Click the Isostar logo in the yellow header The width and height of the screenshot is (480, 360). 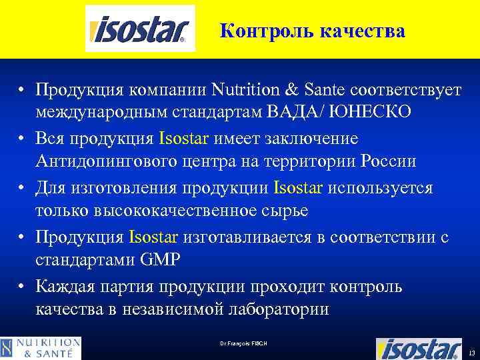(140, 29)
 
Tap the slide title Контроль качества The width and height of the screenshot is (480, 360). (312, 31)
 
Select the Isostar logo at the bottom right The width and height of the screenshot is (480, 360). (419, 348)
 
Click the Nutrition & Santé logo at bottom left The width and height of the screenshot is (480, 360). (41, 348)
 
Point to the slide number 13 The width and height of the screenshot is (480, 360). (472, 352)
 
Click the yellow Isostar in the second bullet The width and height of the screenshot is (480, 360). (184, 139)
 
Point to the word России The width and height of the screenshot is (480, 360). (389, 162)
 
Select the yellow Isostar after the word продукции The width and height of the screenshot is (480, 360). (298, 188)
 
